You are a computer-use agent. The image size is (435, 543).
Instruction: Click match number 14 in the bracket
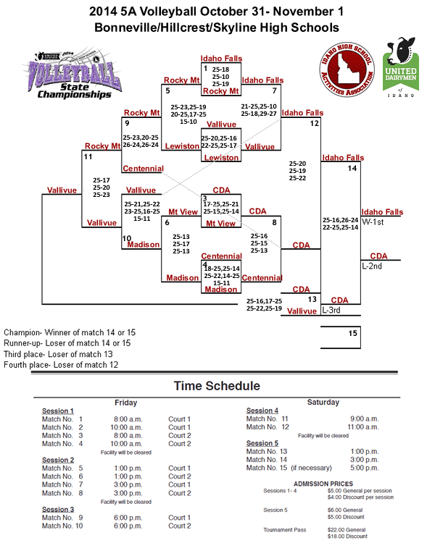click(x=352, y=168)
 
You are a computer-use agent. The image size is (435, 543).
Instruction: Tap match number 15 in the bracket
click(x=352, y=334)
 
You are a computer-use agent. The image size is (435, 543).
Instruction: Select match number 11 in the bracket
click(x=88, y=156)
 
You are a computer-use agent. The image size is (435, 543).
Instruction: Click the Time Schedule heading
click(x=216, y=386)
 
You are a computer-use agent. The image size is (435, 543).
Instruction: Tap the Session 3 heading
click(x=58, y=510)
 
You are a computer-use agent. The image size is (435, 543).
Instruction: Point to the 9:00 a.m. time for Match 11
click(x=365, y=418)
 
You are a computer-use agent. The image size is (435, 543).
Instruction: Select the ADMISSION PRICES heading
click(x=323, y=483)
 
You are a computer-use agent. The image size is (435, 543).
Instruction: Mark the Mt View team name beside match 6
click(x=183, y=211)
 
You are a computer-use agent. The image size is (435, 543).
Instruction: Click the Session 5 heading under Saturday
click(x=262, y=443)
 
